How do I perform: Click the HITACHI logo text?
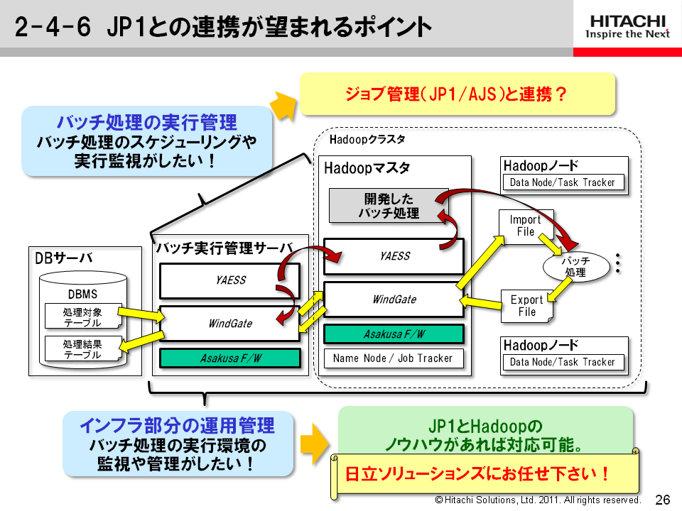(625, 18)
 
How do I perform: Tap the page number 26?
(663, 499)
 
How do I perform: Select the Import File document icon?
(525, 226)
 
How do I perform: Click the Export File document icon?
(526, 306)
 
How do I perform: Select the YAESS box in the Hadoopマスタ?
(394, 256)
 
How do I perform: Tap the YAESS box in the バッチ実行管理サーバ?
(229, 280)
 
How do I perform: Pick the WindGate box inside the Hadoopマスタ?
(394, 300)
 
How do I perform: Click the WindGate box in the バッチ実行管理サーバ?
(229, 324)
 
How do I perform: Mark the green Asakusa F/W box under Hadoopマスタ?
(394, 334)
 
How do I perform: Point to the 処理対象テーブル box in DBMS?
(82, 317)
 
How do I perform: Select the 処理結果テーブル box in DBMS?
(82, 349)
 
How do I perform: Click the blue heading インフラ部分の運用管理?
(177, 426)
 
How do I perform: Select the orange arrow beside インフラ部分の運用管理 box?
(312, 444)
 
